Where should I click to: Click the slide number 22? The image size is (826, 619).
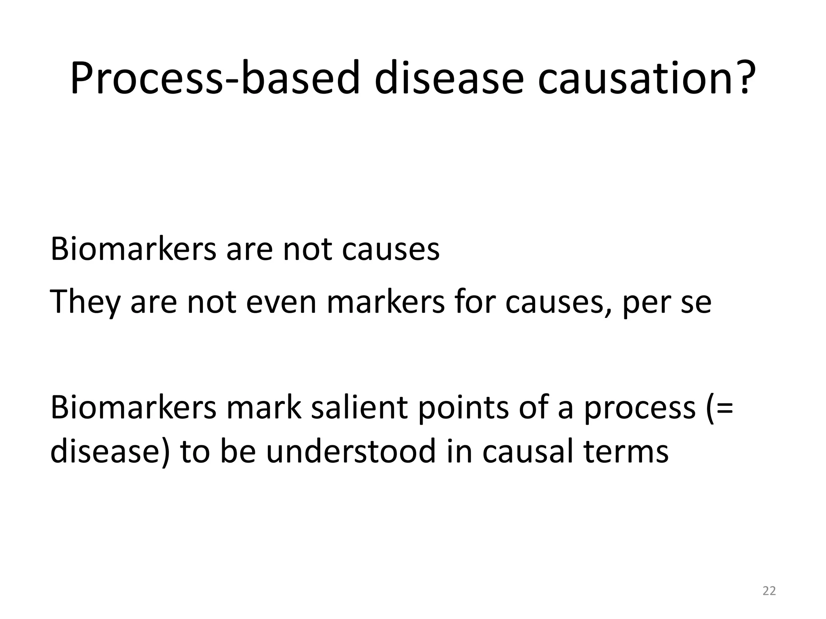769,591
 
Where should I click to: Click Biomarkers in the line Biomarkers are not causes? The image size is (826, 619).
133,249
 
